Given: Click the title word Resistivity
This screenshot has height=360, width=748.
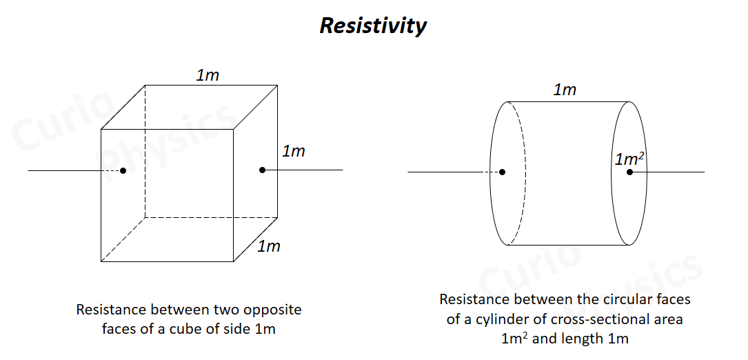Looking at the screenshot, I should pyautogui.click(x=373, y=26).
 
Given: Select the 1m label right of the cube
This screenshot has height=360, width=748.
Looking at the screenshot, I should pyautogui.click(x=294, y=151).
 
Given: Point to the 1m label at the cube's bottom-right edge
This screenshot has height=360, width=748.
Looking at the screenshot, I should pyautogui.click(x=269, y=246).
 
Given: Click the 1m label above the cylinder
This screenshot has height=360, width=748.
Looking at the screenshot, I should pyautogui.click(x=565, y=90).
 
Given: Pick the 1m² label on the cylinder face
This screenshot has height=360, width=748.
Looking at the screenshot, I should pyautogui.click(x=630, y=159).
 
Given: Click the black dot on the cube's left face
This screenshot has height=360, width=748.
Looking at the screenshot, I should pyautogui.click(x=123, y=170).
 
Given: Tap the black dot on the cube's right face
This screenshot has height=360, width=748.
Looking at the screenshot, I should pyautogui.click(x=263, y=170).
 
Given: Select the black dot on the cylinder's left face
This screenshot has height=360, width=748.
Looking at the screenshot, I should pyautogui.click(x=502, y=172).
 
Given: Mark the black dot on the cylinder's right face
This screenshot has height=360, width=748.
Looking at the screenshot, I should pyautogui.click(x=629, y=172).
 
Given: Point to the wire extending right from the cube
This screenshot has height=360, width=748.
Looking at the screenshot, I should pyautogui.click(x=310, y=170).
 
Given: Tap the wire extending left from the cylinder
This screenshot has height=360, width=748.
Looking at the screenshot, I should pyautogui.click(x=448, y=172).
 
